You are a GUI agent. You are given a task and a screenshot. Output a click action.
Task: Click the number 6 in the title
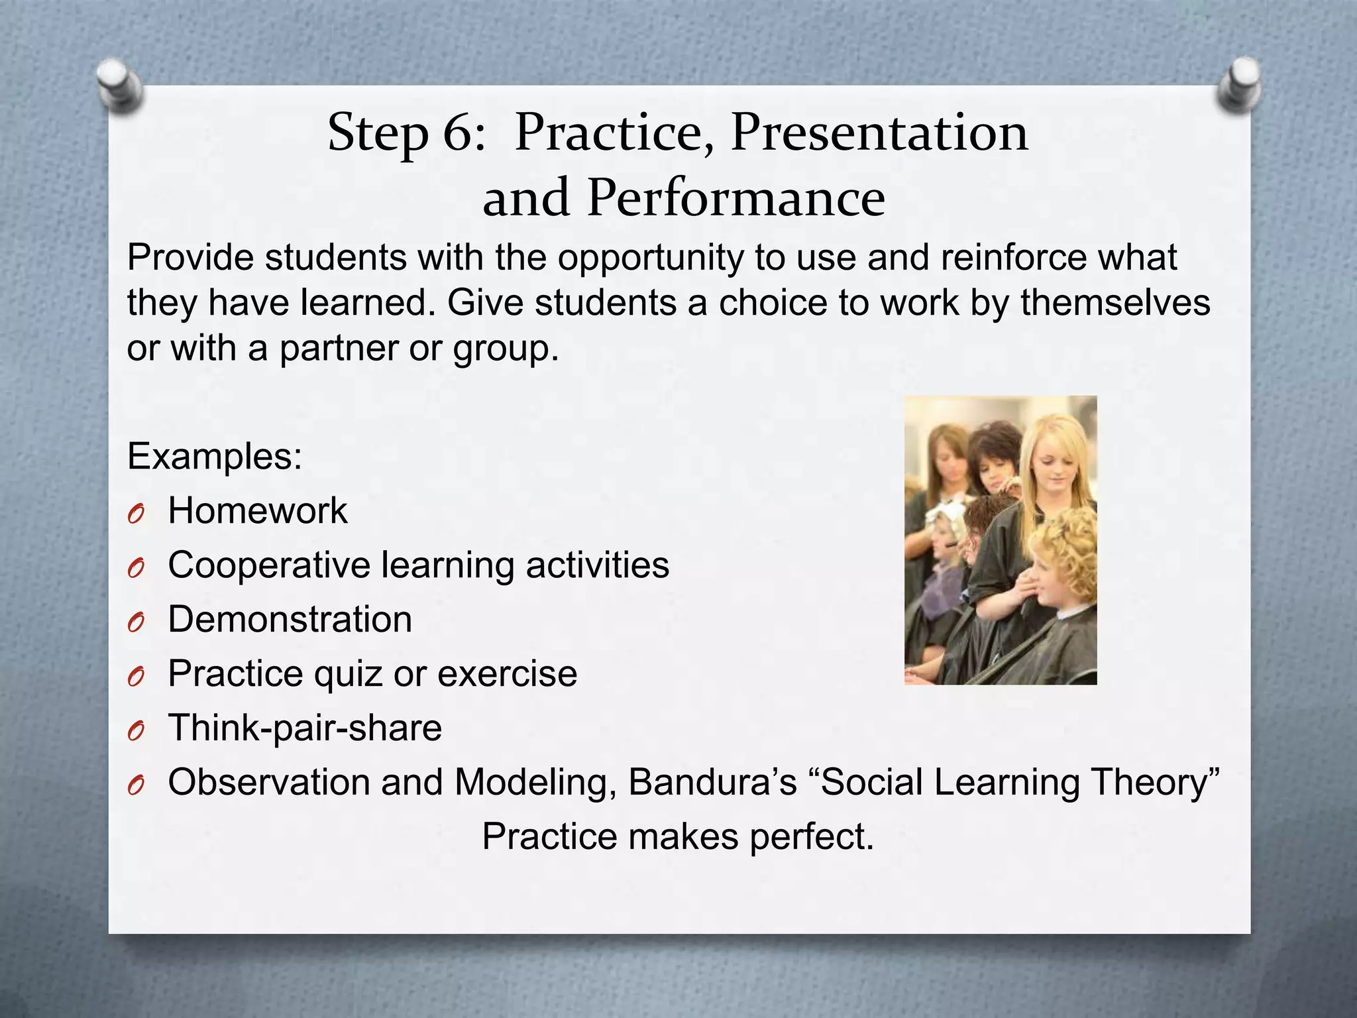(457, 133)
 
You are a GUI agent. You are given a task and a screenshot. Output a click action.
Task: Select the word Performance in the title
(735, 198)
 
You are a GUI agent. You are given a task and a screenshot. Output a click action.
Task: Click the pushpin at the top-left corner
(119, 85)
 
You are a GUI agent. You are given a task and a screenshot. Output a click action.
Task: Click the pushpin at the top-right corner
(1238, 84)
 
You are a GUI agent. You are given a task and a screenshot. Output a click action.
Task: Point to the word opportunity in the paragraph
(650, 258)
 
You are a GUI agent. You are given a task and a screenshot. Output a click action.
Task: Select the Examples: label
(215, 457)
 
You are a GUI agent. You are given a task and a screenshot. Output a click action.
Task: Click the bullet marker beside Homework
(136, 514)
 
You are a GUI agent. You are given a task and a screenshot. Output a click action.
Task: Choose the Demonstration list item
(290, 620)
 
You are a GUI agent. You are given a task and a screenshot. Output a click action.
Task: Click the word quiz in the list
(348, 674)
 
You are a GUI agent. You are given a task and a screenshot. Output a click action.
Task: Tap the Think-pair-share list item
(305, 728)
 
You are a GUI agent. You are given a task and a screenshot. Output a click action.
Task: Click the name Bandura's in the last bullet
(712, 782)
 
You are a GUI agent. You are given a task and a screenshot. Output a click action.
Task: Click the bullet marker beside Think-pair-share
(136, 732)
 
